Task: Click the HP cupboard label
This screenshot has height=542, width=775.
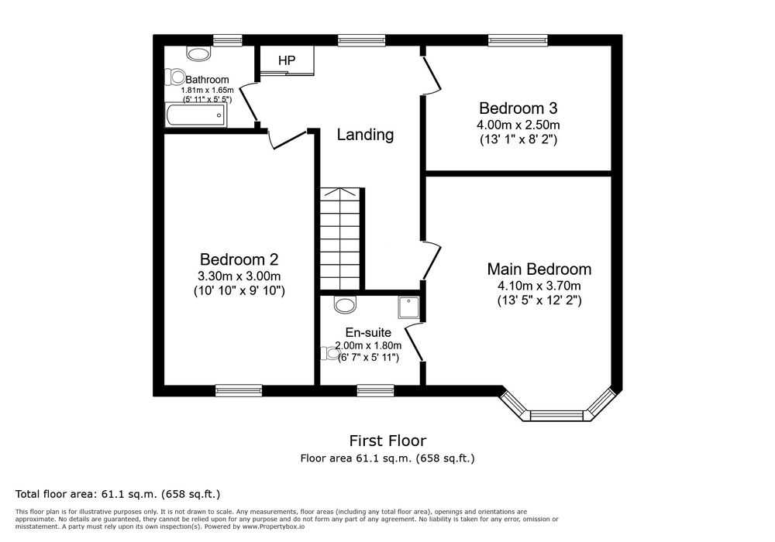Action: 287,60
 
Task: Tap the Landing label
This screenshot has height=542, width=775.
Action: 365,134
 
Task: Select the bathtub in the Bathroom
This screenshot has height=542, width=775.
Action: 196,115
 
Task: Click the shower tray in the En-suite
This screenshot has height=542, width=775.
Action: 408,307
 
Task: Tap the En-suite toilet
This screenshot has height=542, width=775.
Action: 329,353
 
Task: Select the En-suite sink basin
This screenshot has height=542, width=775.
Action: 345,304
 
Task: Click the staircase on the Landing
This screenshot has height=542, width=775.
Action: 340,238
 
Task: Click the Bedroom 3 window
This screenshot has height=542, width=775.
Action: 518,40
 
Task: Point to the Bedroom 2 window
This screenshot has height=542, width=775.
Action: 239,390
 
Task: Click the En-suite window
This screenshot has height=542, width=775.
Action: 376,390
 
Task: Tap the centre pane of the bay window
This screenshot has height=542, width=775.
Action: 557,415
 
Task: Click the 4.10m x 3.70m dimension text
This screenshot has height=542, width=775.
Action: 539,285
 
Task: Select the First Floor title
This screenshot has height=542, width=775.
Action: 387,441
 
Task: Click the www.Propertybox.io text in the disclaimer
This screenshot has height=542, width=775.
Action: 273,527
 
